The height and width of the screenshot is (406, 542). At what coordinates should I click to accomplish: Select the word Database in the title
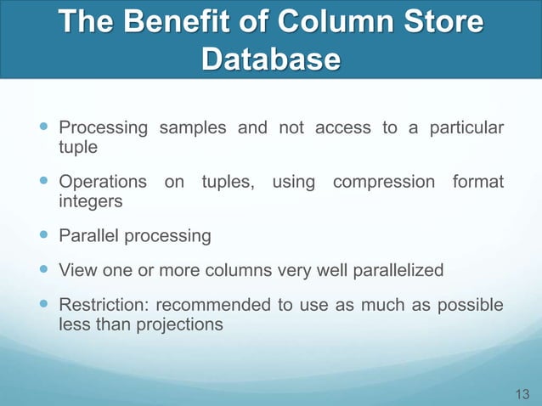[271, 59]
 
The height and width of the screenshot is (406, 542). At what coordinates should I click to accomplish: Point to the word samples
[191, 128]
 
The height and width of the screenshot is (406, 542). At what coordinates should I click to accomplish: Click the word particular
[463, 128]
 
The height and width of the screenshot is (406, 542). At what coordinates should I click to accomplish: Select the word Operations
[104, 183]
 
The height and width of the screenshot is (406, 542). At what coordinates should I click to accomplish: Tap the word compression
[385, 183]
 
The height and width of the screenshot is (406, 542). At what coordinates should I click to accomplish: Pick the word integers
[91, 202]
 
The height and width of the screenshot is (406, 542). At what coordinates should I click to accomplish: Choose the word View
[76, 270]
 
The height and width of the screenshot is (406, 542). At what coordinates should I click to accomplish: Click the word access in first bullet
[343, 128]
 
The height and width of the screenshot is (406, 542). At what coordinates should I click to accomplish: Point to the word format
[477, 183]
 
